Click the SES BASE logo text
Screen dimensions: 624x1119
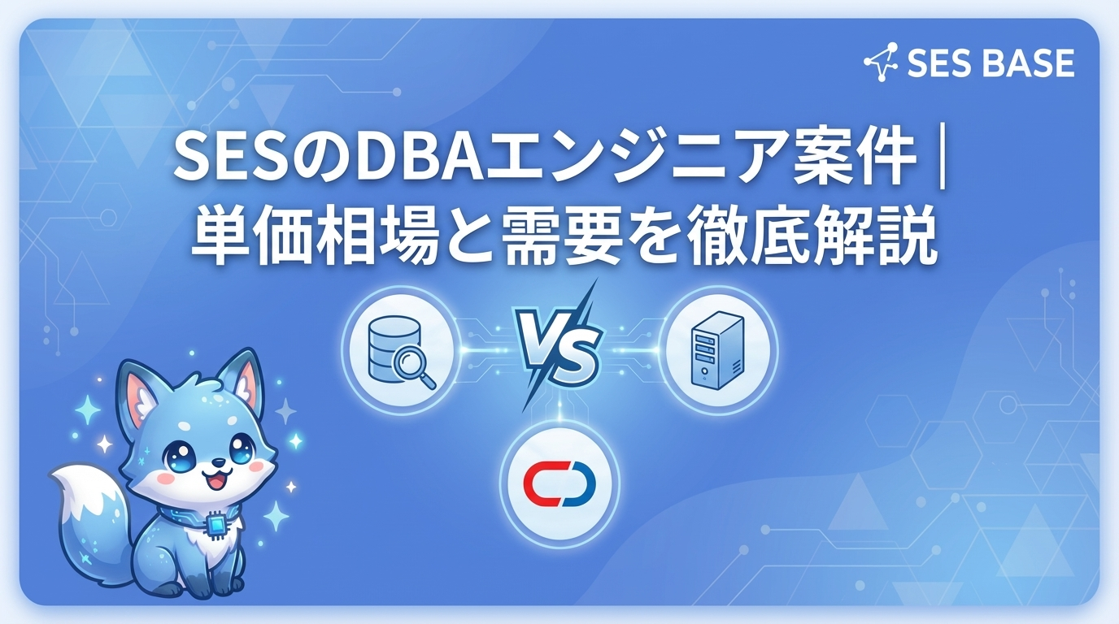click(990, 63)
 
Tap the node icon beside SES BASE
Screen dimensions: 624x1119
click(881, 63)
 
